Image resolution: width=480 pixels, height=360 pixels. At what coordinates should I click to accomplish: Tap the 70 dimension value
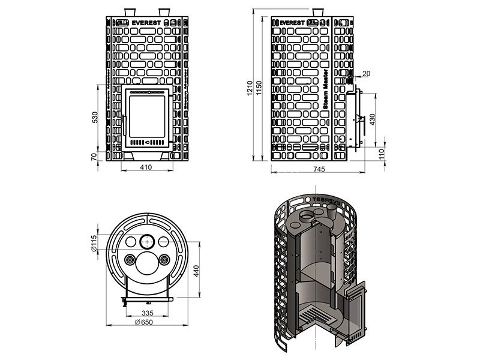pos(95,157)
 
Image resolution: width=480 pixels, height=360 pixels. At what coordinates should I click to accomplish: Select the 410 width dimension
pos(145,167)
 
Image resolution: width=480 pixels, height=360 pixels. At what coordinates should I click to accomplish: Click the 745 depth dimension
pos(319,170)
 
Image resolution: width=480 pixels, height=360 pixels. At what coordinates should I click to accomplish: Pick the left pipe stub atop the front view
pos(129,12)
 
